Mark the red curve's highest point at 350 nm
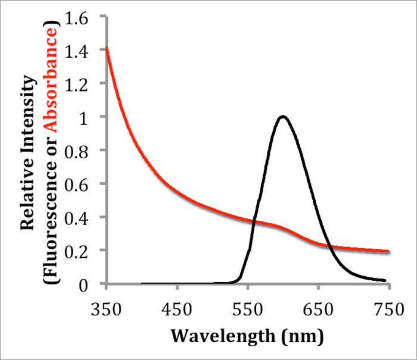pos(107,48)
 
